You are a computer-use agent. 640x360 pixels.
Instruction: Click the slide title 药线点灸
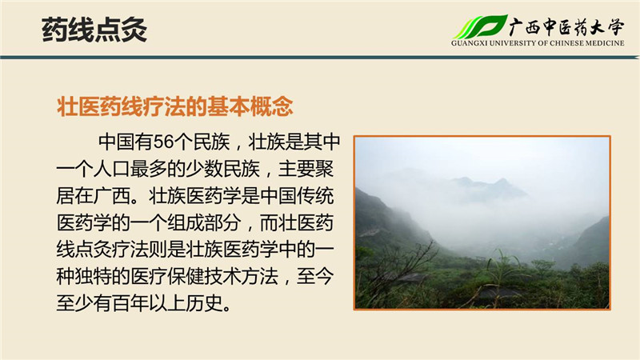(x=94, y=30)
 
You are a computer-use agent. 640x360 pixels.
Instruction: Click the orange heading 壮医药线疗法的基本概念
(x=174, y=106)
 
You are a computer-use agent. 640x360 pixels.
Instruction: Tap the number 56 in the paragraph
(x=163, y=142)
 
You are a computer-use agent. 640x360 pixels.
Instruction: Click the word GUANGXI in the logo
(x=469, y=43)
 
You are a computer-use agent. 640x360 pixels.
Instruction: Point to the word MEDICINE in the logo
(x=605, y=43)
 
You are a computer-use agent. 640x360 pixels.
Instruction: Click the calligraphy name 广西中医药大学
(x=566, y=27)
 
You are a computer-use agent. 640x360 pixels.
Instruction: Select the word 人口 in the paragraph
(x=111, y=169)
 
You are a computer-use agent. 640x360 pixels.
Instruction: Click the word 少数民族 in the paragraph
(x=222, y=169)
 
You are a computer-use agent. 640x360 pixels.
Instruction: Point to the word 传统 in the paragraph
(x=315, y=196)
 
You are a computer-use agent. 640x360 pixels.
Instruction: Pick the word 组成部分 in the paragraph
(x=204, y=223)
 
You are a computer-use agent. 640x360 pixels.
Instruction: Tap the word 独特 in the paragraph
(x=93, y=276)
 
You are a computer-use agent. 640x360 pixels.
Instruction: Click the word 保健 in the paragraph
(x=186, y=276)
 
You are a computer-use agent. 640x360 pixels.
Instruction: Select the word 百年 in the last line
(x=130, y=303)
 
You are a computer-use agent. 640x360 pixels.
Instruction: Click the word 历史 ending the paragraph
(x=204, y=303)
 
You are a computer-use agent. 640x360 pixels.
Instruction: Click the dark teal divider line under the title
(x=320, y=57)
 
